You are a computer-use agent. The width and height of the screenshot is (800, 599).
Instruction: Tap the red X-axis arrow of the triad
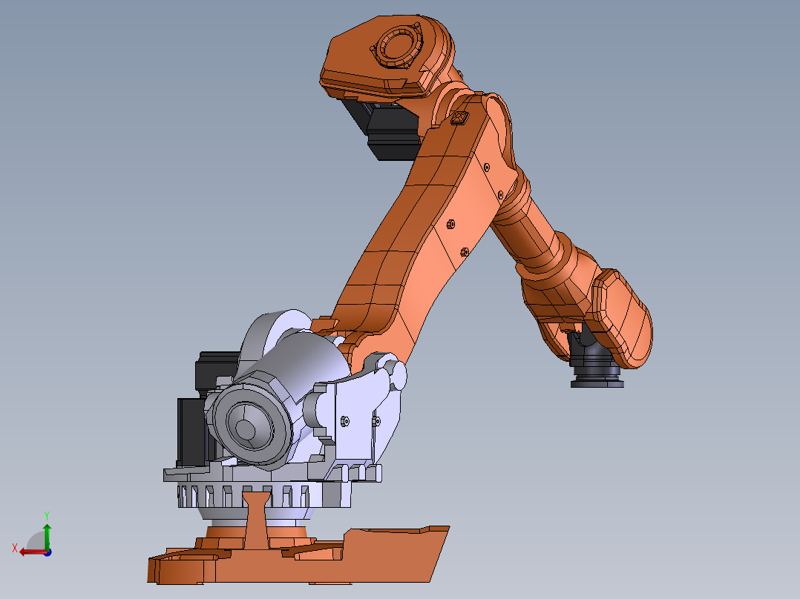[x=30, y=551]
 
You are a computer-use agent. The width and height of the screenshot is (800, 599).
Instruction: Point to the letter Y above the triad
[x=46, y=514]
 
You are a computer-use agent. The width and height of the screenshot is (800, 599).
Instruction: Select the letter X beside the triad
[x=15, y=547]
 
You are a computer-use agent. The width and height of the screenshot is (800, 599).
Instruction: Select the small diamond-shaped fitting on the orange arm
[x=459, y=117]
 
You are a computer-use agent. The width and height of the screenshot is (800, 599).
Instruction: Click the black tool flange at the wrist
[x=597, y=377]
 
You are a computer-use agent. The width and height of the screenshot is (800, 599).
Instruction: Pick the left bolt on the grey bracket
[x=344, y=421]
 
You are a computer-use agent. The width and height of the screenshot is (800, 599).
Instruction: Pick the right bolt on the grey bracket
[x=376, y=421]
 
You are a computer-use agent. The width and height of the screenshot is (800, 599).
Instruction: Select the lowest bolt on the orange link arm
[x=464, y=251]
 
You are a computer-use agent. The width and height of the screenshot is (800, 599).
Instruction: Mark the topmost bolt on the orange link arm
[x=486, y=167]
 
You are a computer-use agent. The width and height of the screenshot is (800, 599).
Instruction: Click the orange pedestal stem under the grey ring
[x=256, y=519]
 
